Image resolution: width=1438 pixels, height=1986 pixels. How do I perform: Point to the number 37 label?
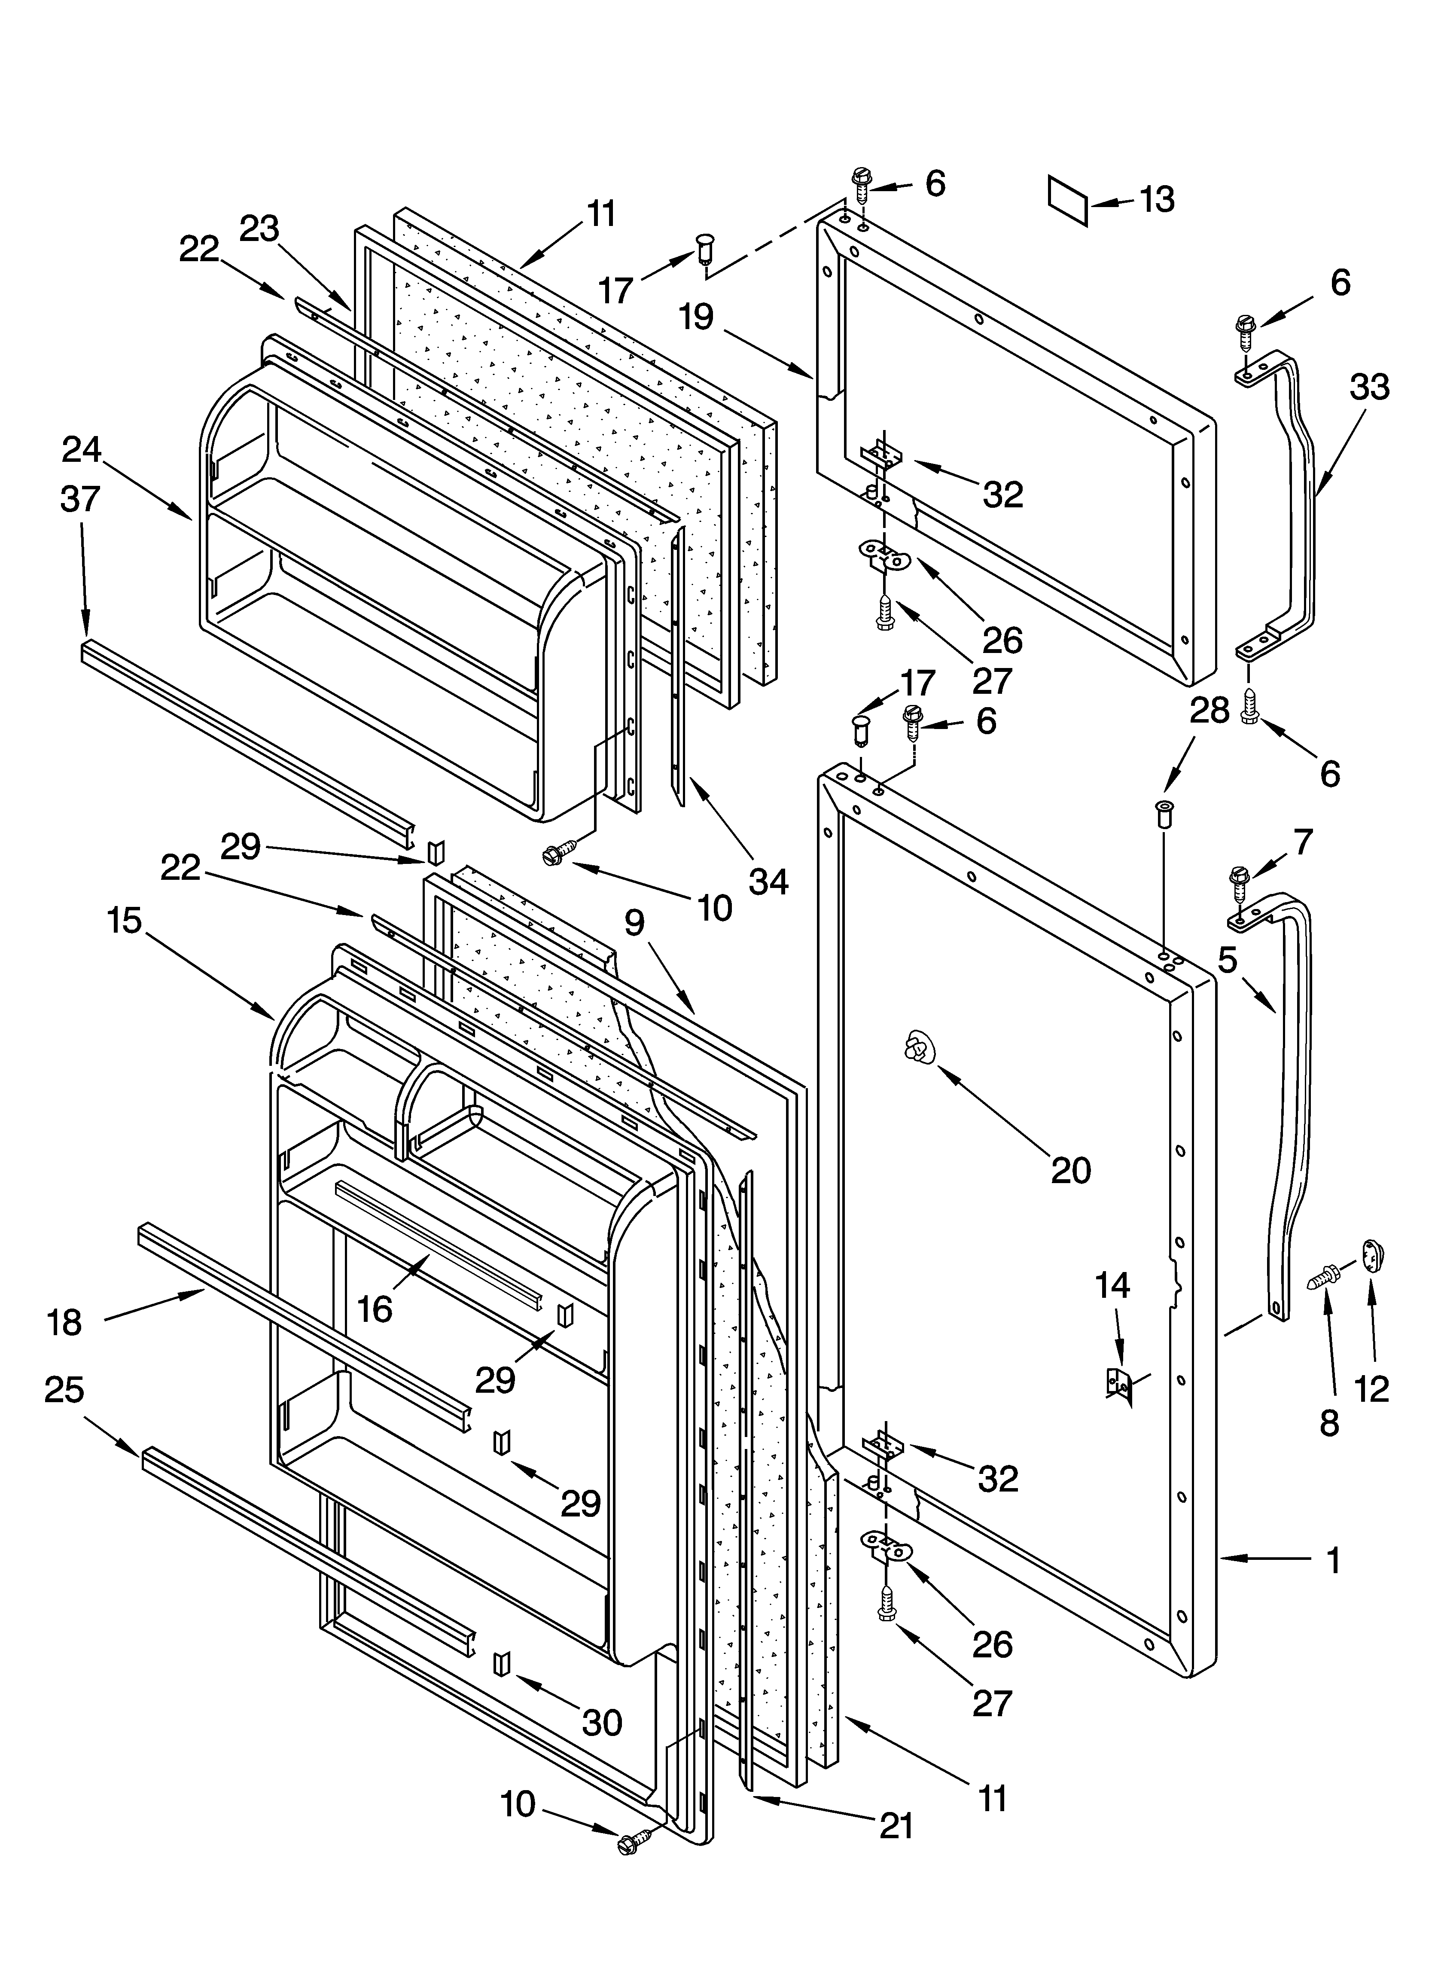click(x=81, y=499)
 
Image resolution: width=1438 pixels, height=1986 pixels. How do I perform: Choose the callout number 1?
click(x=1333, y=1559)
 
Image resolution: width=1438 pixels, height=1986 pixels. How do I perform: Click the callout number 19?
click(x=696, y=317)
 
